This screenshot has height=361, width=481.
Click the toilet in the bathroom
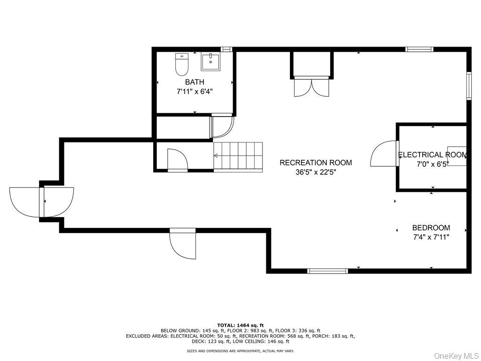(182, 65)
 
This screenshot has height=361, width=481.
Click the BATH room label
(194, 82)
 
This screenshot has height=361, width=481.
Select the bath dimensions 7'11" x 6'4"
(194, 92)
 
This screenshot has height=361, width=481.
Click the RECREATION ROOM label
(316, 163)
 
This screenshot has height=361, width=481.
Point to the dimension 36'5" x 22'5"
(316, 172)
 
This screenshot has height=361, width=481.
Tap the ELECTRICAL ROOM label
(432, 155)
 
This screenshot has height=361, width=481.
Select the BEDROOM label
(431, 228)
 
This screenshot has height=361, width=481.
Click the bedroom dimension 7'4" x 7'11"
(431, 237)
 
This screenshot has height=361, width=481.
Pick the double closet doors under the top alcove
(311, 86)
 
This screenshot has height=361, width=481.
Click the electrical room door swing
(385, 154)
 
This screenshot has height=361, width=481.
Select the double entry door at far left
(41, 202)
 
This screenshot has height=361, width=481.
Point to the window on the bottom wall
(327, 271)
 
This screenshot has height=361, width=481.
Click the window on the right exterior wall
(468, 86)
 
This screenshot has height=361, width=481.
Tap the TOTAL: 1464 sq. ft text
(240, 325)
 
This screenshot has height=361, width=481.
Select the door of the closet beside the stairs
(177, 160)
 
